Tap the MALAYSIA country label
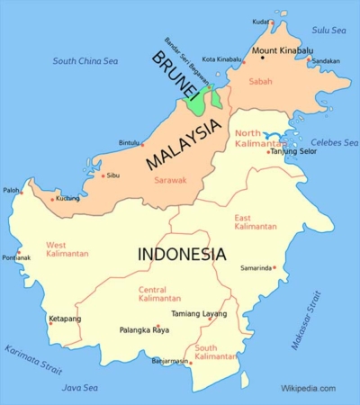tap(182, 146)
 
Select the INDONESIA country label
tap(181, 255)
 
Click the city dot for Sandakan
tap(308, 61)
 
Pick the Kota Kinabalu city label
tap(221, 59)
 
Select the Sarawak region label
tap(169, 180)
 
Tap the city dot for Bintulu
tap(143, 143)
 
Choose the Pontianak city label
tap(16, 257)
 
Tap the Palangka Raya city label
tap(144, 330)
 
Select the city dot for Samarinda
tap(273, 268)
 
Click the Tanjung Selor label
tap(293, 151)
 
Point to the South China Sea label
tap(86, 61)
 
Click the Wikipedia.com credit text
tap(308, 388)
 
